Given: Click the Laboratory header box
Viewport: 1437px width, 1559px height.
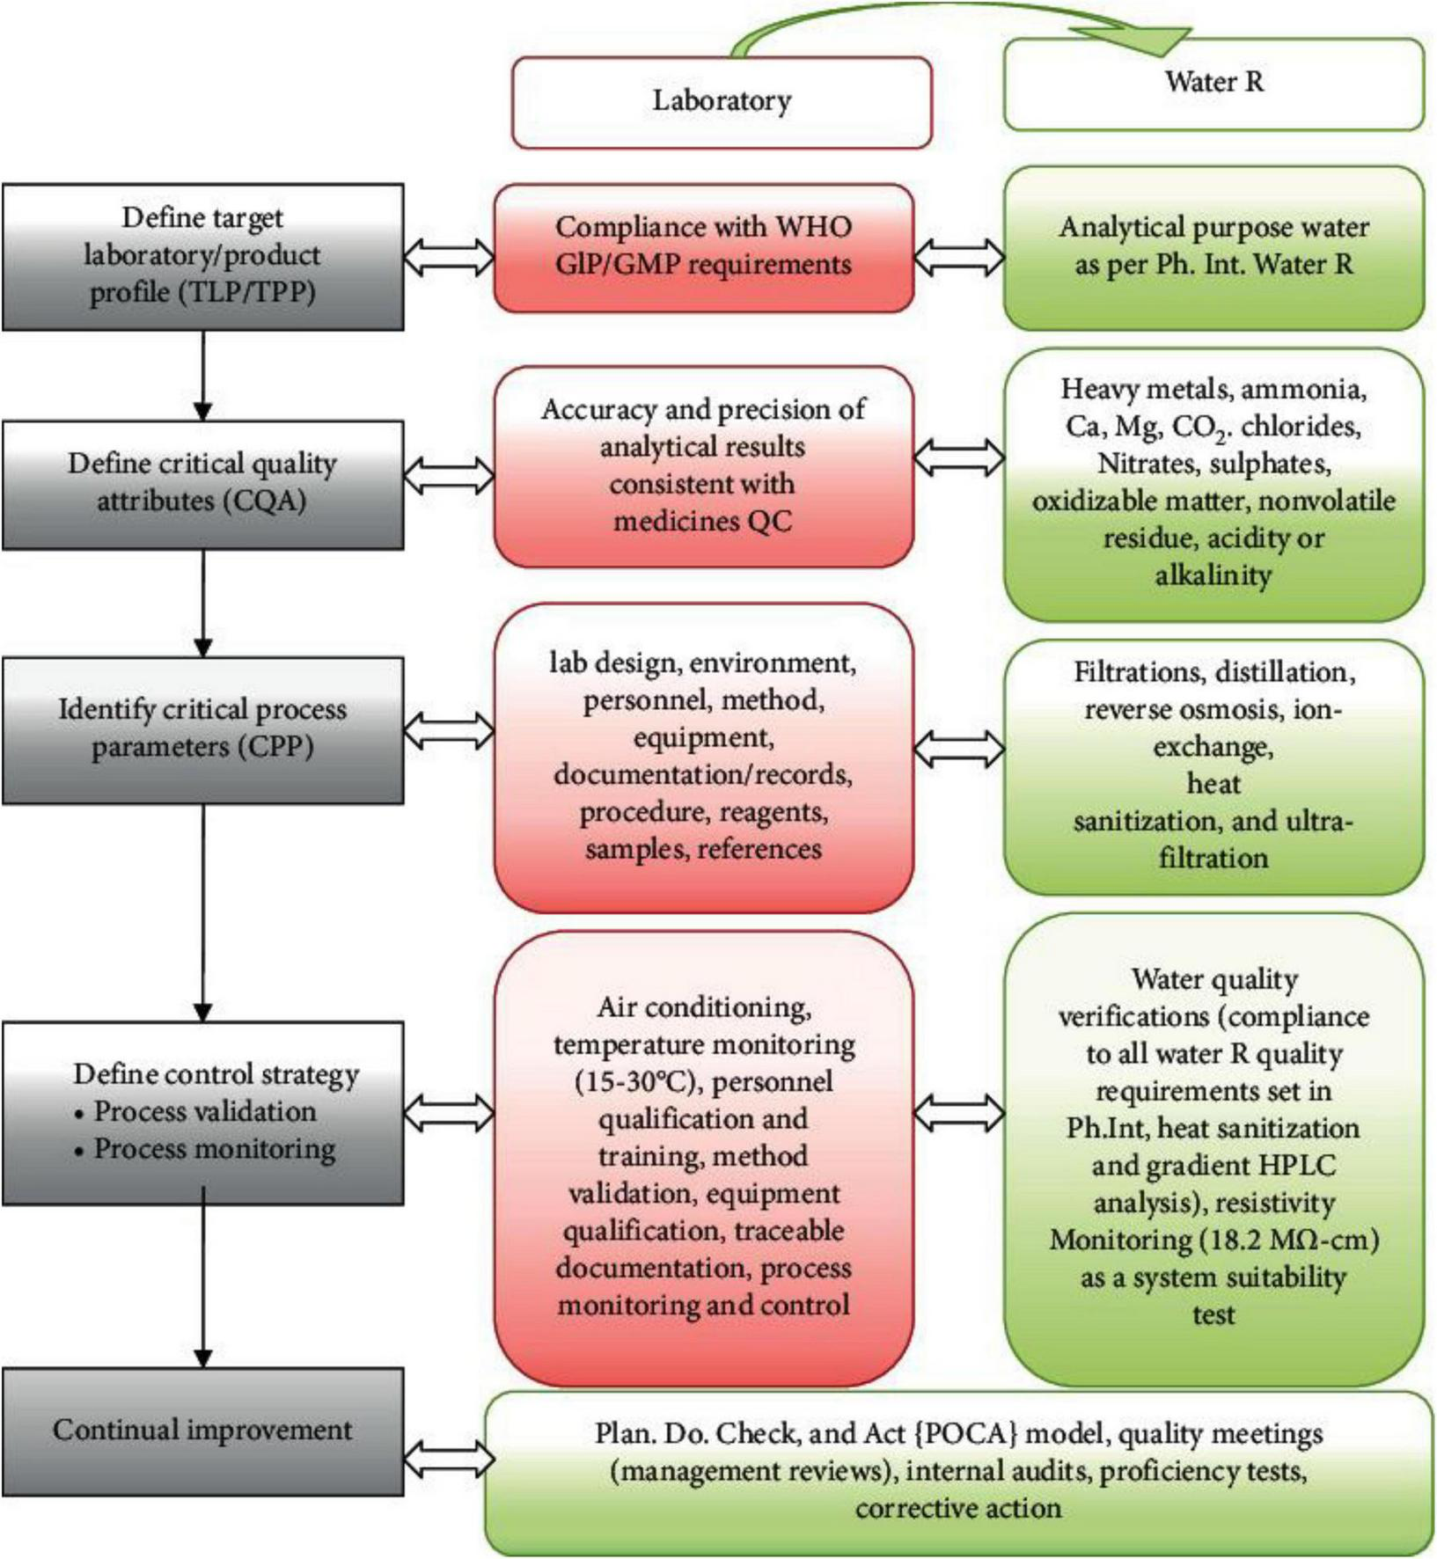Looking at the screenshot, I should click(x=721, y=101).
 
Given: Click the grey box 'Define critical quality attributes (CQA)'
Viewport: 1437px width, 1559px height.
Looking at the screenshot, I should click(x=202, y=484).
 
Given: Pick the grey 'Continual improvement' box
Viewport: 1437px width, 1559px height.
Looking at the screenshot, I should click(x=202, y=1430).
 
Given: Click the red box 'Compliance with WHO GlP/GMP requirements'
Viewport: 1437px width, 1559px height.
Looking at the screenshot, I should click(x=703, y=247).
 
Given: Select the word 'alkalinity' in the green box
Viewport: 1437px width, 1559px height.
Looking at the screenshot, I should click(x=1213, y=575).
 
